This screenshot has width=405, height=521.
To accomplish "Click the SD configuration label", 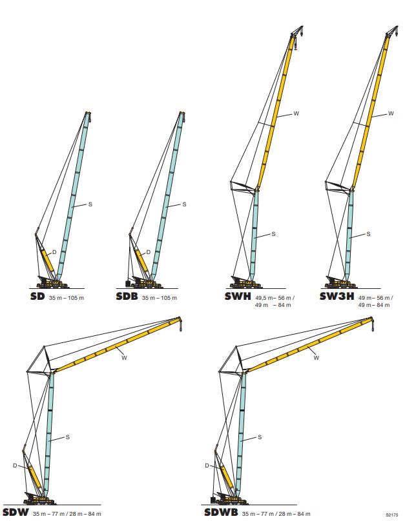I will (38, 297).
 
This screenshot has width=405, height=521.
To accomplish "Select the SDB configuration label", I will (127, 297).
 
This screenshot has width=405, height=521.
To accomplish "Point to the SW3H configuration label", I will (337, 297).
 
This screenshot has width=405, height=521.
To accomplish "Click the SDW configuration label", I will (14, 513).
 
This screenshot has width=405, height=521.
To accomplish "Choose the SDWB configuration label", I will (221, 513).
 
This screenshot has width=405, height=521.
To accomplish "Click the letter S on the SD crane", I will (90, 204).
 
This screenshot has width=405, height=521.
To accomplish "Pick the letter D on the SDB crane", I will (149, 251).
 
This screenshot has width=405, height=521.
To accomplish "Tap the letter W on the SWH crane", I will (296, 113).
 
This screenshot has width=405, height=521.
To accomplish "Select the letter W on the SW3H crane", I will (391, 113).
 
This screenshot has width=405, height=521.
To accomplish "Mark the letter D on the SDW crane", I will (14, 465).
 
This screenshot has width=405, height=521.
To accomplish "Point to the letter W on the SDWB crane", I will (316, 358).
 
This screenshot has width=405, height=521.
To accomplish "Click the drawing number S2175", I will (391, 515).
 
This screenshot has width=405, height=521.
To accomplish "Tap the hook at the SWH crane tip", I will (296, 45).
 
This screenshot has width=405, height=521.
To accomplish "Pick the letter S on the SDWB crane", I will (260, 437).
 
